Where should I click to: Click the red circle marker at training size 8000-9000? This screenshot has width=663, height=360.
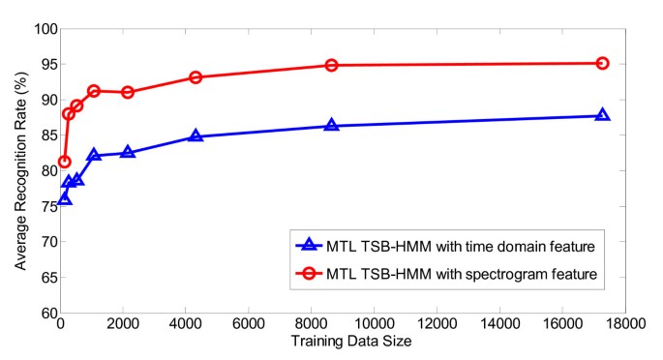pyautogui.click(x=332, y=65)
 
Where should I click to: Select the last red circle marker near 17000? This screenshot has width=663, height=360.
pyautogui.click(x=602, y=63)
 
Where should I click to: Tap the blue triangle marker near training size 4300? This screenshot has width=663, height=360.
pyautogui.click(x=196, y=136)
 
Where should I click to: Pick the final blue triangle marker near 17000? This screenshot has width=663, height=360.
pyautogui.click(x=602, y=115)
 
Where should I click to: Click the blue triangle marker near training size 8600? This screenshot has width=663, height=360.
pyautogui.click(x=332, y=126)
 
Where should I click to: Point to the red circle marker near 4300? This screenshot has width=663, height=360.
pyautogui.click(x=196, y=76)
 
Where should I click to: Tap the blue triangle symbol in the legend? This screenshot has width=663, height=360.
pyautogui.click(x=309, y=246)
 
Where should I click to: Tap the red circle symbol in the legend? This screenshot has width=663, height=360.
pyautogui.click(x=309, y=274)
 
